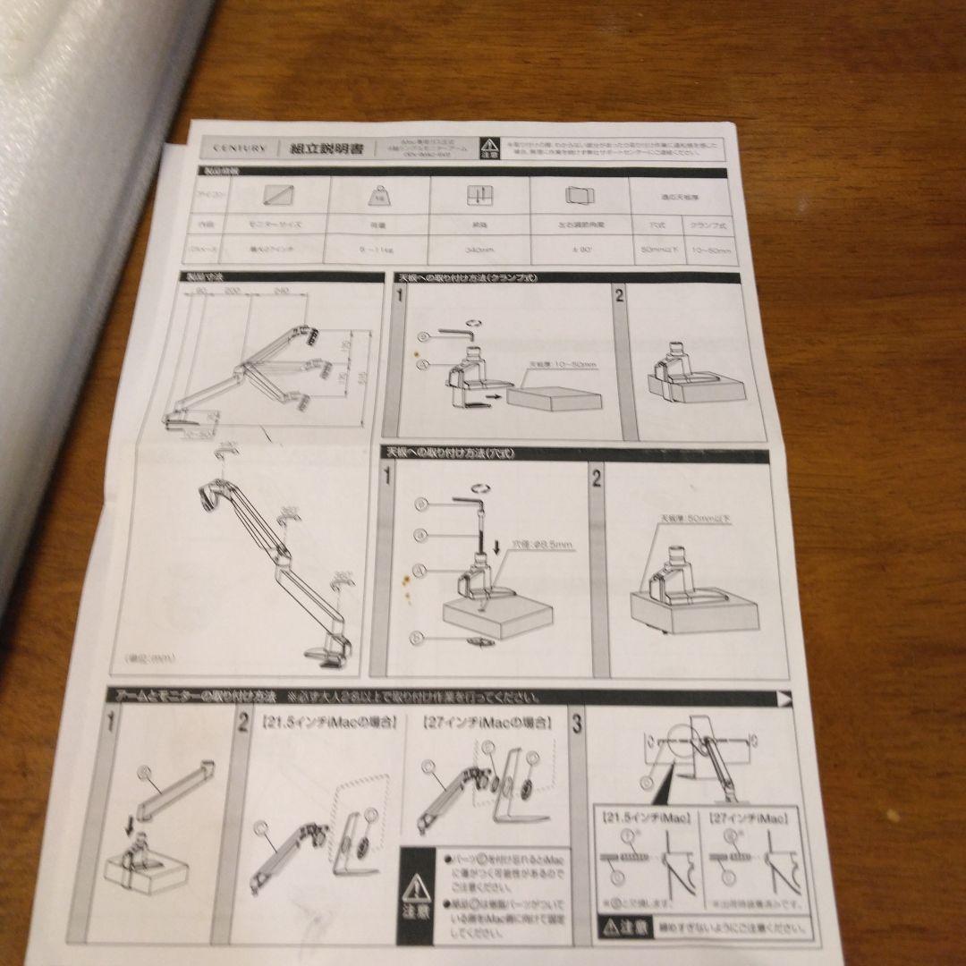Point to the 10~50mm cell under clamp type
(711, 251)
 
